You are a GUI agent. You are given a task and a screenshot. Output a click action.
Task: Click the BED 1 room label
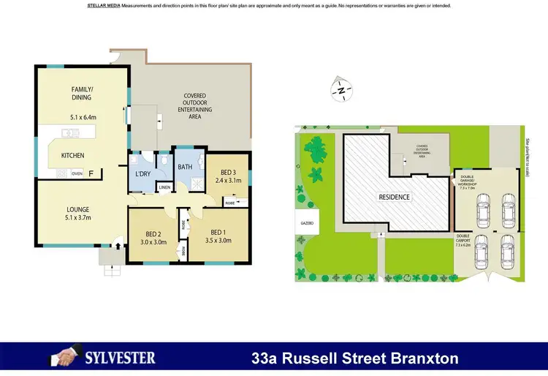pyautogui.click(x=219, y=231)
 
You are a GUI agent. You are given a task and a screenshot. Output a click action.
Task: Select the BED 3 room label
pyautogui.click(x=222, y=172)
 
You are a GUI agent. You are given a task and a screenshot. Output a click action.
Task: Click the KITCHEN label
pyautogui.click(x=72, y=155)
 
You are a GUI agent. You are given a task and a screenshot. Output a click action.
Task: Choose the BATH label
pyautogui.click(x=185, y=167)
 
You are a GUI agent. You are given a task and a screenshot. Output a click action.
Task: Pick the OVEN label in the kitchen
pyautogui.click(x=77, y=174)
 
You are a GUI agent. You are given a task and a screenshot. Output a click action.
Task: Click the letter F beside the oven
pyautogui.click(x=91, y=174)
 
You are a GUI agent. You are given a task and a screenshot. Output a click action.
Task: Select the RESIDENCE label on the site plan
pyautogui.click(x=394, y=197)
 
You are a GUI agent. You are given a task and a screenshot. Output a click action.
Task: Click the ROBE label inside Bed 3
pyautogui.click(x=229, y=201)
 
